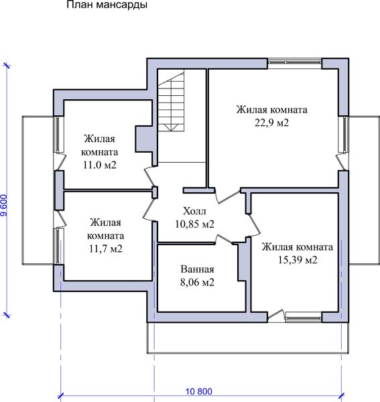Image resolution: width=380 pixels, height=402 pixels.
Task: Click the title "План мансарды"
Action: (x=107, y=5)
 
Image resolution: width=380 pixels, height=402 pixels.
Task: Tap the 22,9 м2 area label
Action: (x=272, y=123)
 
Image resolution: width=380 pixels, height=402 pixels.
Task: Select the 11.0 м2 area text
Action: (x=99, y=165)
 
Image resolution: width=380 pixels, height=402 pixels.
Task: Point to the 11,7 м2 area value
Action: (x=106, y=249)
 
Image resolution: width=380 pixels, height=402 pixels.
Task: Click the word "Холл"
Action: (x=194, y=211)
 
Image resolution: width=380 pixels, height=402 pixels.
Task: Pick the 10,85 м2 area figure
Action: (x=194, y=224)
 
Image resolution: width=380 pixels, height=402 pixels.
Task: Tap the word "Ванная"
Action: (x=197, y=269)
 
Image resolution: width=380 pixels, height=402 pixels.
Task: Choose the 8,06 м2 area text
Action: (x=197, y=282)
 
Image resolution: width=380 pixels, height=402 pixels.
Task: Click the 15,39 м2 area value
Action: (x=298, y=260)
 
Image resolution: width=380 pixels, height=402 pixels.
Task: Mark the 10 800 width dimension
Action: (x=199, y=391)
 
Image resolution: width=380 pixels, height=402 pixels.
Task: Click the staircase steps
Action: (x=171, y=102)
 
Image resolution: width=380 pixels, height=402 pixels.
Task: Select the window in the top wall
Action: (x=295, y=62)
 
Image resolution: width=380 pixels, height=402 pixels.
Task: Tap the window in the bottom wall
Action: (x=304, y=318)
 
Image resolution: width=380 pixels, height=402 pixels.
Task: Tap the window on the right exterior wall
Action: (x=344, y=135)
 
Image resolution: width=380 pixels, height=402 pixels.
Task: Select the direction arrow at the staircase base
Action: (x=171, y=128)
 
